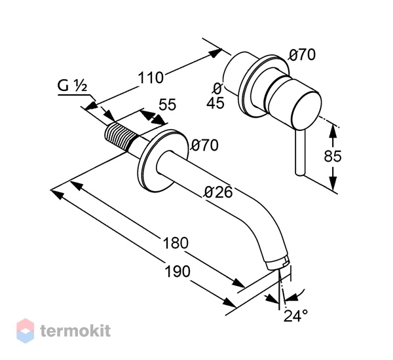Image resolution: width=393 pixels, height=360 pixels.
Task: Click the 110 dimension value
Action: click(x=151, y=77)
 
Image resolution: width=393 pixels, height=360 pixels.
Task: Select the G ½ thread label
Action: click(x=72, y=86)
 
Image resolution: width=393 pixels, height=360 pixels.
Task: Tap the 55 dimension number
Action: click(x=168, y=105)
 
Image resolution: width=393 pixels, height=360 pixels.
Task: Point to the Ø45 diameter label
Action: click(x=215, y=96)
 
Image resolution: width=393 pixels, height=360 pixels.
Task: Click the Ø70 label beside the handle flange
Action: click(x=301, y=55)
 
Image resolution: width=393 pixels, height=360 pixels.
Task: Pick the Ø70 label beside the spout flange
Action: click(x=205, y=145)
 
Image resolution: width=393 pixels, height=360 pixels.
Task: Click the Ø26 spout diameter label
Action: click(x=219, y=192)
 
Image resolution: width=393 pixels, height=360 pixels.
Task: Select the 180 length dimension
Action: click(x=176, y=243)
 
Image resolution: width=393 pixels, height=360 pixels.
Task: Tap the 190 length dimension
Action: click(x=178, y=272)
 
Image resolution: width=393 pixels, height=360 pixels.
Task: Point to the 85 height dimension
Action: click(x=333, y=156)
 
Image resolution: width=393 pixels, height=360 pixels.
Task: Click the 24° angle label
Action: click(x=295, y=315)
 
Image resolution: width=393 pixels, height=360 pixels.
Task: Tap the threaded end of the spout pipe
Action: click(x=121, y=135)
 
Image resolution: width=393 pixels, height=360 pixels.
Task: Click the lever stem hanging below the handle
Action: click(x=300, y=153)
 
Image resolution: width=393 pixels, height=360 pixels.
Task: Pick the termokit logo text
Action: click(x=75, y=331)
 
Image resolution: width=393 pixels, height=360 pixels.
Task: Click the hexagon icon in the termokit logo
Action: click(x=26, y=331)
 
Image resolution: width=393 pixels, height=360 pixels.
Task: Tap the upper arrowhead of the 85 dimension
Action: click(x=333, y=131)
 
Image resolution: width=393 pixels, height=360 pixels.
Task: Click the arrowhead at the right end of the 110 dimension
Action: click(x=214, y=53)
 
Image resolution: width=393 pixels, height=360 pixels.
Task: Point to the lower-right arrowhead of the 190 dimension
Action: click(x=230, y=302)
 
